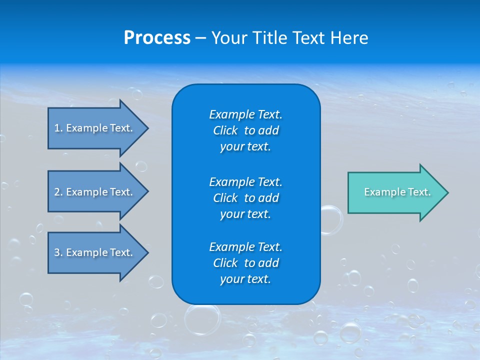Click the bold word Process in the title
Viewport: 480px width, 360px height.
(x=157, y=38)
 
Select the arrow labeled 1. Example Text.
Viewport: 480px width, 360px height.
(x=95, y=128)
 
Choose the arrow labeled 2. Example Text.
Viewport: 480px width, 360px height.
(x=95, y=192)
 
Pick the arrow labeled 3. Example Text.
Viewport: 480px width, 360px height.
(x=95, y=252)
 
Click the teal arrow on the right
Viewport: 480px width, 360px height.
(x=395, y=192)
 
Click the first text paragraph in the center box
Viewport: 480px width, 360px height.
(x=245, y=130)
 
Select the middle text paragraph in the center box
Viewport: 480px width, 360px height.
(x=245, y=197)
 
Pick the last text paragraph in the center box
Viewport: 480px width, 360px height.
(x=245, y=263)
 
